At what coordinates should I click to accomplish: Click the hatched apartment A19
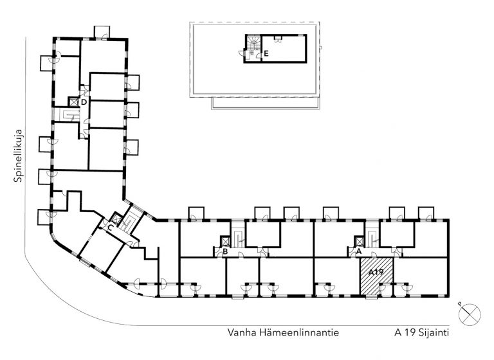click(x=377, y=276)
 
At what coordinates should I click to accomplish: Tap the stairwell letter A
click(x=358, y=251)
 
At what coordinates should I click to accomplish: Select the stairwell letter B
click(x=225, y=251)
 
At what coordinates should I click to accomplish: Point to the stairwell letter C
click(x=110, y=227)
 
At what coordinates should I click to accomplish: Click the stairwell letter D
click(x=84, y=102)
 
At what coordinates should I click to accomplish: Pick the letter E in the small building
click(x=266, y=53)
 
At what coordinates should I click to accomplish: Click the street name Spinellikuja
click(x=18, y=156)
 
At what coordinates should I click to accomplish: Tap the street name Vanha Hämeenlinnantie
click(x=283, y=332)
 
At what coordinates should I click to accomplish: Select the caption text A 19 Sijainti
click(x=421, y=333)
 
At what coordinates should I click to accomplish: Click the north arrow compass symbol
click(x=469, y=314)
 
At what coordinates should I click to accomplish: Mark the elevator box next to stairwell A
click(x=359, y=241)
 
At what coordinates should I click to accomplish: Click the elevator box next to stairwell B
click(x=226, y=241)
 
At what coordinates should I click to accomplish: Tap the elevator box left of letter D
click(x=73, y=102)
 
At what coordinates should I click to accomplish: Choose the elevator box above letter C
click(x=116, y=218)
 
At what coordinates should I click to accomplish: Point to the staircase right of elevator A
click(x=372, y=239)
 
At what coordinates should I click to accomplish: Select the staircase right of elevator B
click(x=238, y=239)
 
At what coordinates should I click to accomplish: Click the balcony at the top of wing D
click(x=102, y=32)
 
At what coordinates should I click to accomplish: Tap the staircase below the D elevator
click(x=71, y=115)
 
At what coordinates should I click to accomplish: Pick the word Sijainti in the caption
click(x=434, y=333)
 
